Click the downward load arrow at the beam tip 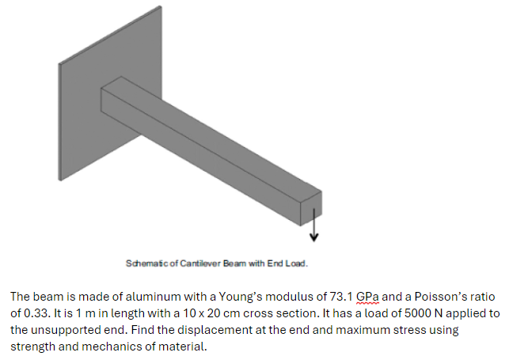[x=314, y=225]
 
